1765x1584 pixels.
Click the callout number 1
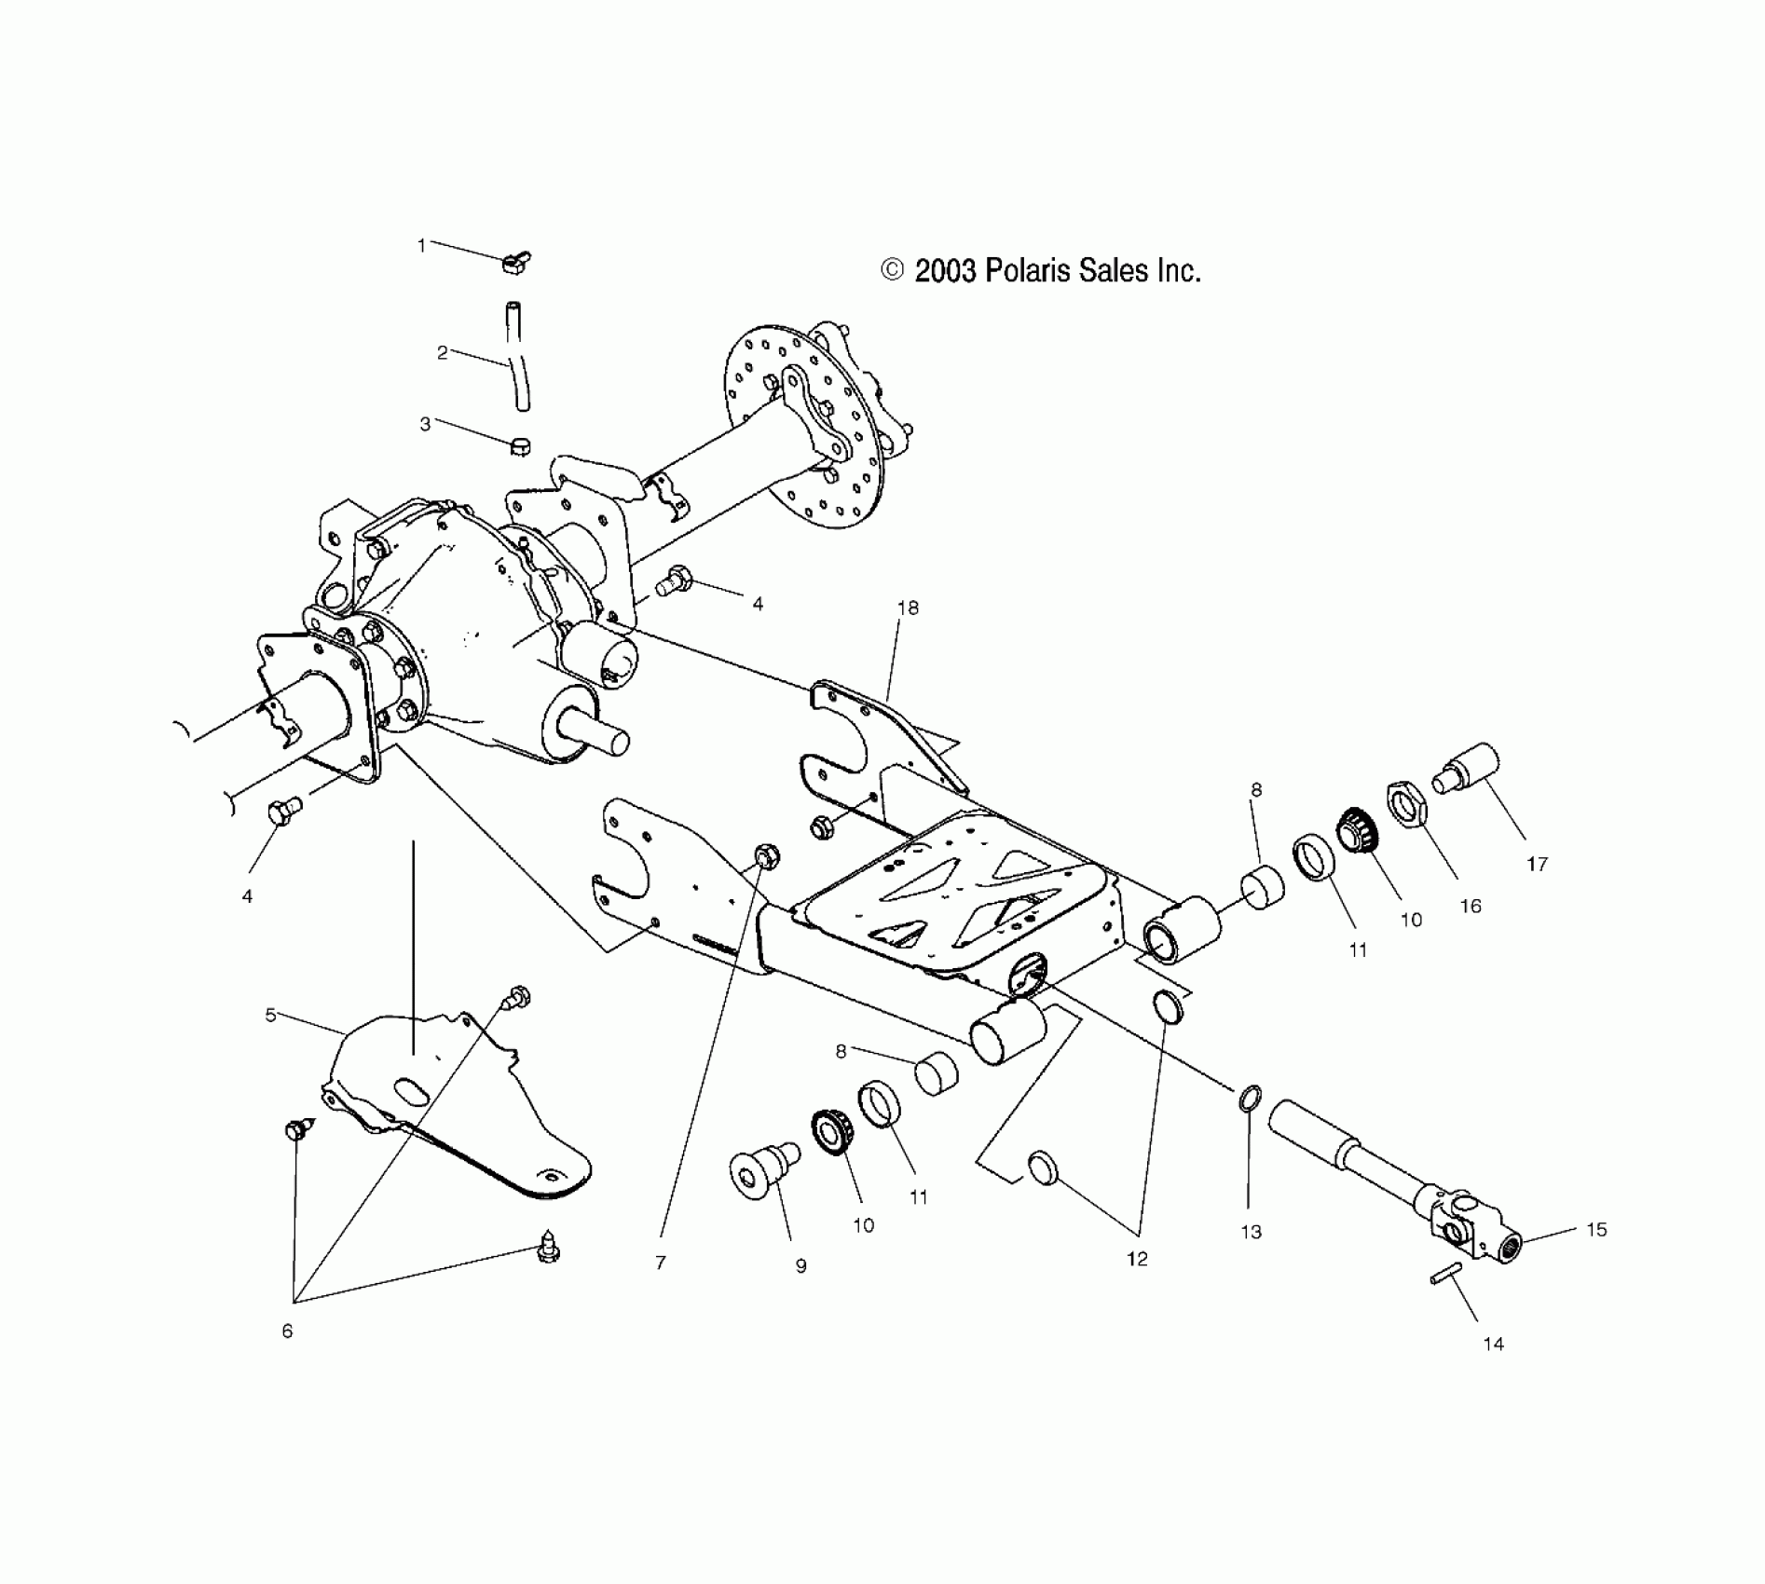(x=421, y=245)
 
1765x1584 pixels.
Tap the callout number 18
(x=907, y=608)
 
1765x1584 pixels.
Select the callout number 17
(x=1537, y=865)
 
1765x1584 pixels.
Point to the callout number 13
(x=1251, y=1232)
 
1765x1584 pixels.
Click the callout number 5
(x=270, y=1015)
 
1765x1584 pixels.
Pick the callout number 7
(x=661, y=1263)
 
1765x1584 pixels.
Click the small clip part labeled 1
(x=515, y=262)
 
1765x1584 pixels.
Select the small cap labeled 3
(x=520, y=445)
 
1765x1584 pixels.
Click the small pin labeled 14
(x=1443, y=1273)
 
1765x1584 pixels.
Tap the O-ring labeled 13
(x=1251, y=1099)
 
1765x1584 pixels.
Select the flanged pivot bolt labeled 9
(x=762, y=1168)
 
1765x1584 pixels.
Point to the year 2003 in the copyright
(x=944, y=271)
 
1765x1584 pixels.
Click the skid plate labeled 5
(x=447, y=1099)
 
